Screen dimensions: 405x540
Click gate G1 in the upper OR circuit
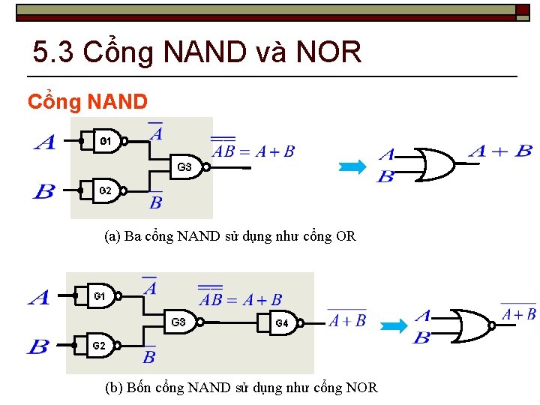tap(108, 141)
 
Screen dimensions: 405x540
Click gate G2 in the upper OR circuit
tap(106, 190)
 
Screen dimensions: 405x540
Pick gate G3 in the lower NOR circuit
tap(180, 322)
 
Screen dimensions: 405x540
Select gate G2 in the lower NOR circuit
tap(100, 346)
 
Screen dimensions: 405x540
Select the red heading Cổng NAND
tap(88, 101)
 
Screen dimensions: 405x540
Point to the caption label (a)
tap(112, 236)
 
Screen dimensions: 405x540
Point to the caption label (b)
tap(115, 388)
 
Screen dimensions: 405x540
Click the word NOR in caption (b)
tap(361, 388)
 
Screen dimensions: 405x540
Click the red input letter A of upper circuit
tap(45, 142)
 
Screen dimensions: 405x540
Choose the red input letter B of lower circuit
tap(38, 346)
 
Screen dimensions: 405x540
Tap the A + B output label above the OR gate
tap(500, 151)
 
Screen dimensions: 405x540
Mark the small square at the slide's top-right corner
tap(522, 10)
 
